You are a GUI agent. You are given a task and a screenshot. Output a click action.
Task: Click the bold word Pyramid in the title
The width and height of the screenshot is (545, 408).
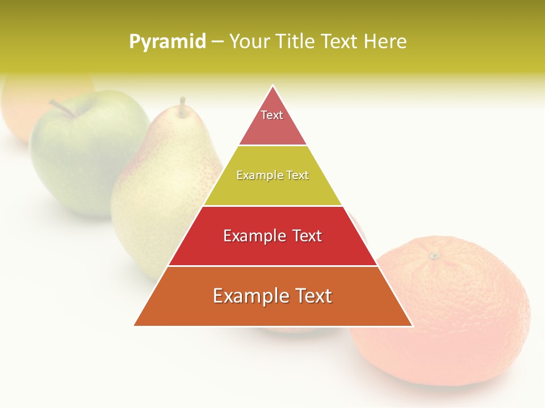tap(167, 42)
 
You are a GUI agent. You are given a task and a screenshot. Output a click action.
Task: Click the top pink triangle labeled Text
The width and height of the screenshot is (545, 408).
tap(272, 122)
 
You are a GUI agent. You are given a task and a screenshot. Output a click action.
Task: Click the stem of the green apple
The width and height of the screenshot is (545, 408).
tap(62, 108)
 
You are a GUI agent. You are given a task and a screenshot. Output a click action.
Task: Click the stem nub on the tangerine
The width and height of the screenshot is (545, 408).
tap(435, 256)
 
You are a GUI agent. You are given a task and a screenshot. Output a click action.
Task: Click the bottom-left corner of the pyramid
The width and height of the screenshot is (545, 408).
tap(135, 325)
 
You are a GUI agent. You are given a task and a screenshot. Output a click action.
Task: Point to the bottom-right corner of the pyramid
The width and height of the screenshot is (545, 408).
tap(412, 326)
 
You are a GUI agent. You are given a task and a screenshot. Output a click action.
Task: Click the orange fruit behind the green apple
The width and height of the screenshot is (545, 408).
tap(23, 102)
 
